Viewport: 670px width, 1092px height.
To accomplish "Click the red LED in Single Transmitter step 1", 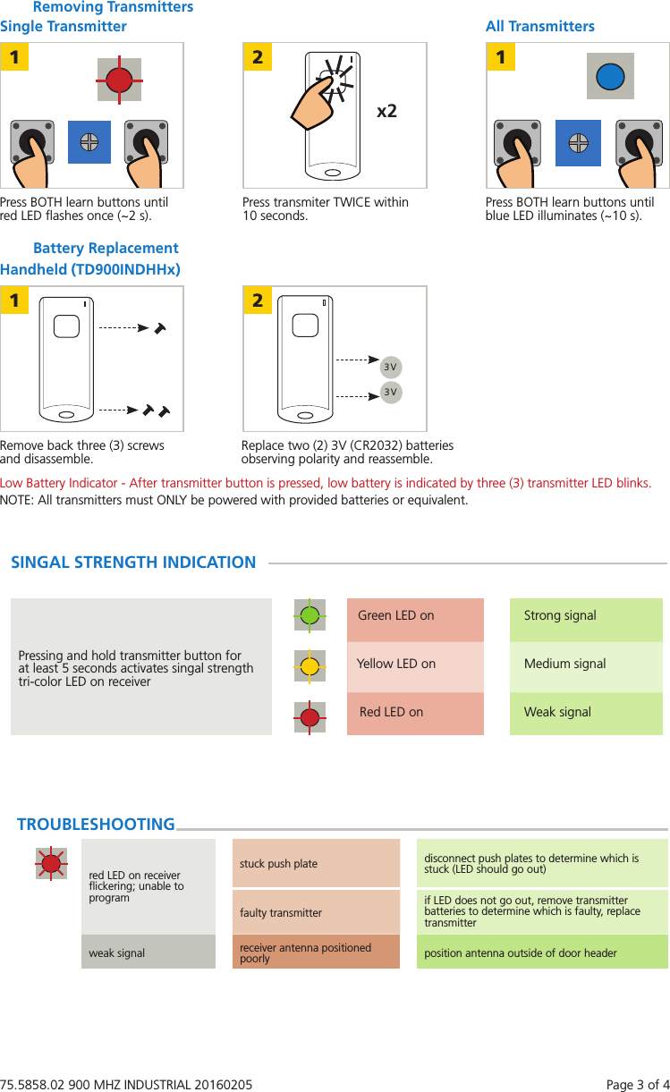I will (118, 80).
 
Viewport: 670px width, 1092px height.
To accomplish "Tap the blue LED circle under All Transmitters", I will (609, 76).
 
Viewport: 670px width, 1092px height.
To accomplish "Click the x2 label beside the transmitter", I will (386, 112).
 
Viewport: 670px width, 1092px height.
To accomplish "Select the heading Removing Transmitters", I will (113, 7).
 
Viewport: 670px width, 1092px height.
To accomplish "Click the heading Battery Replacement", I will (106, 248).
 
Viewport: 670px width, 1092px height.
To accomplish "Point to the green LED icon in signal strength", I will (310, 615).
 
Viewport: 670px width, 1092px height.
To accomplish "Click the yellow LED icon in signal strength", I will (310, 665).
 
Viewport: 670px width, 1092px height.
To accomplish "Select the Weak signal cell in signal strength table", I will (586, 713).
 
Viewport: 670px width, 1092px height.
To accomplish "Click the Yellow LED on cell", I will (415, 665).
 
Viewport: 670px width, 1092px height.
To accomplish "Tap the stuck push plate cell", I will (316, 864).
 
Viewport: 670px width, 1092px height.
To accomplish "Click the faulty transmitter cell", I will (316, 912).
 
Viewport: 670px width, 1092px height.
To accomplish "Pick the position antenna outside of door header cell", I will (542, 952).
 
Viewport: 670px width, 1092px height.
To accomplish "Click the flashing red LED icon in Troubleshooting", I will (52, 863).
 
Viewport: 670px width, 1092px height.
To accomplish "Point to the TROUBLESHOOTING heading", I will (96, 825).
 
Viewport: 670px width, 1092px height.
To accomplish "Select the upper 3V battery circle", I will (390, 367).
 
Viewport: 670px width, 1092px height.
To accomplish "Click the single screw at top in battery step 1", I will (159, 328).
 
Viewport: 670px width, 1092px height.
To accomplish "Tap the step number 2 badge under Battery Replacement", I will (258, 301).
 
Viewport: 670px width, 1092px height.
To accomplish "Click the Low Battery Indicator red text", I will (326, 483).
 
